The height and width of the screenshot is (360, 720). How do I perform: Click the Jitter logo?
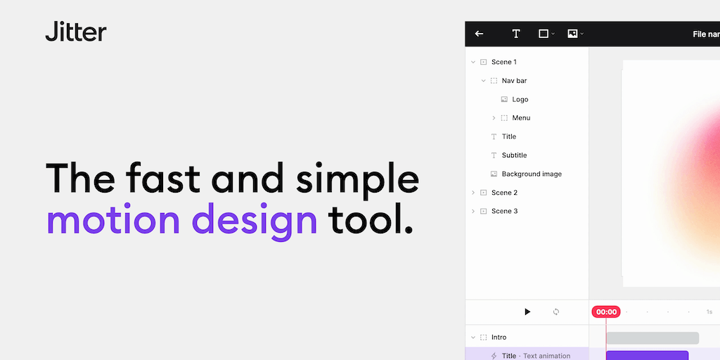click(x=76, y=31)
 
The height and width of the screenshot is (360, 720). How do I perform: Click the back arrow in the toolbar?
click(x=479, y=34)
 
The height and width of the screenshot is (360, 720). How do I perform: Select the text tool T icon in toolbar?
click(x=515, y=34)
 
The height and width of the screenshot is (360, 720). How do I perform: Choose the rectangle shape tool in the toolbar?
click(x=544, y=34)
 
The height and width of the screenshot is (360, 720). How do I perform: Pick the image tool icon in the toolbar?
click(x=572, y=34)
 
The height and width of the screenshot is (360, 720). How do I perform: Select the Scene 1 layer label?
click(x=503, y=62)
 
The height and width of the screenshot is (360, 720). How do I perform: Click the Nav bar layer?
click(x=514, y=81)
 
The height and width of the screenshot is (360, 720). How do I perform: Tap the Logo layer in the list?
click(x=520, y=100)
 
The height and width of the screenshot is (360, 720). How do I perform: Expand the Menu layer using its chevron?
click(x=494, y=118)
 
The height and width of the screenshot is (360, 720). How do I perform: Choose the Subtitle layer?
click(x=514, y=155)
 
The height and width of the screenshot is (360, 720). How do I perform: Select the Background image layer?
click(x=532, y=174)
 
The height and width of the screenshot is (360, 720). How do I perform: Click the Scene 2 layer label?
click(x=504, y=193)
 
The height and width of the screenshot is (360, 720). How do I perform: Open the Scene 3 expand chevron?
click(x=473, y=211)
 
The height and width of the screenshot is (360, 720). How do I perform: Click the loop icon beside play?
click(x=556, y=311)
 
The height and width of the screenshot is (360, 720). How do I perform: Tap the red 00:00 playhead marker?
click(x=606, y=311)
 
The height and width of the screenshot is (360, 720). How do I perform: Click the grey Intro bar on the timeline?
click(x=652, y=338)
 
